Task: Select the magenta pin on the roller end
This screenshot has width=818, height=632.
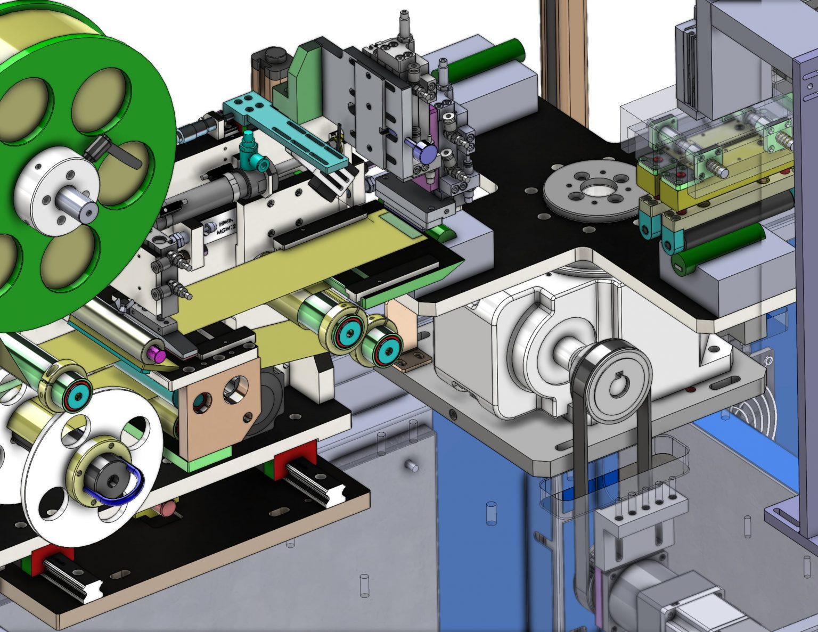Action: pos(157,351)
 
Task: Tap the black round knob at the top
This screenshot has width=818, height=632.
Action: pos(275,54)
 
